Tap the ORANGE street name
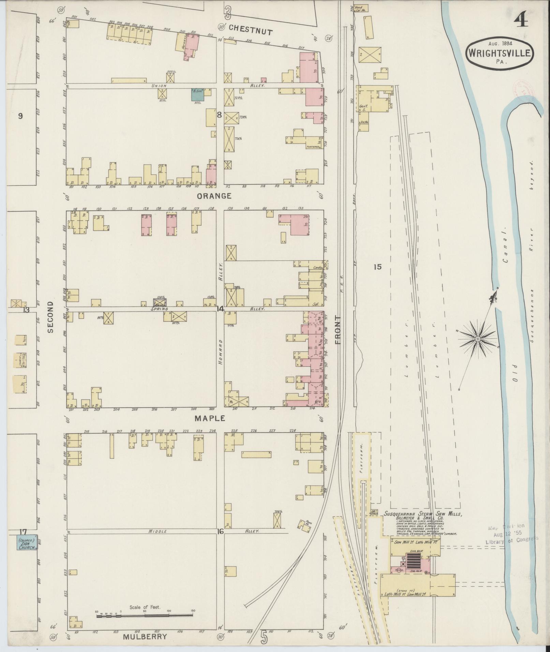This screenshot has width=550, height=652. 214,196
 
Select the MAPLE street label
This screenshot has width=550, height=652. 210,418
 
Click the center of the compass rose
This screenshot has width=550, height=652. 478,339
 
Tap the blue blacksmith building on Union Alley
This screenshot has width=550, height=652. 197,94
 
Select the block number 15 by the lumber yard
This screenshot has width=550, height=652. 377,267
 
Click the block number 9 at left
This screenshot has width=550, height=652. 20,116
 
